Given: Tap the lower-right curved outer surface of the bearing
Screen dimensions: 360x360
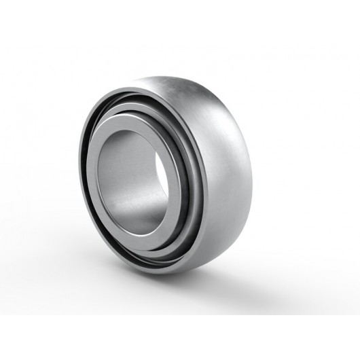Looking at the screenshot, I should (x=231, y=231).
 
